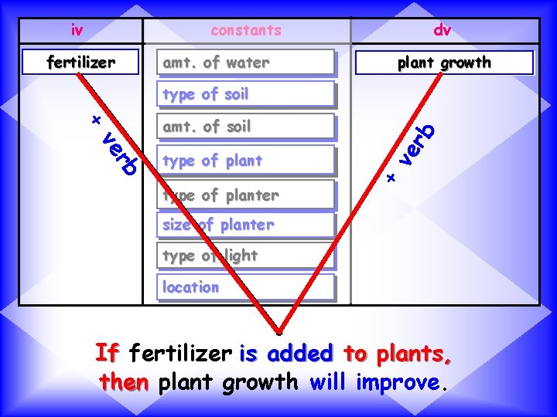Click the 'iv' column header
77,30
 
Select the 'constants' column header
246,30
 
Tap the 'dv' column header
443,30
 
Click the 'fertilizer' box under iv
81,62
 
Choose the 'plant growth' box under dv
444,63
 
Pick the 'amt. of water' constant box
246,63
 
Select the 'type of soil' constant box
246,94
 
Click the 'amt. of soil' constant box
246,127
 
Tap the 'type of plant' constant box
246,161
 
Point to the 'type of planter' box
246,195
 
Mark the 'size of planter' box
246,225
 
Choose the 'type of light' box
246,256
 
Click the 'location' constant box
246,287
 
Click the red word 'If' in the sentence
107,354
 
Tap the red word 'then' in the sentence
125,382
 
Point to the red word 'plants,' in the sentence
414,354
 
